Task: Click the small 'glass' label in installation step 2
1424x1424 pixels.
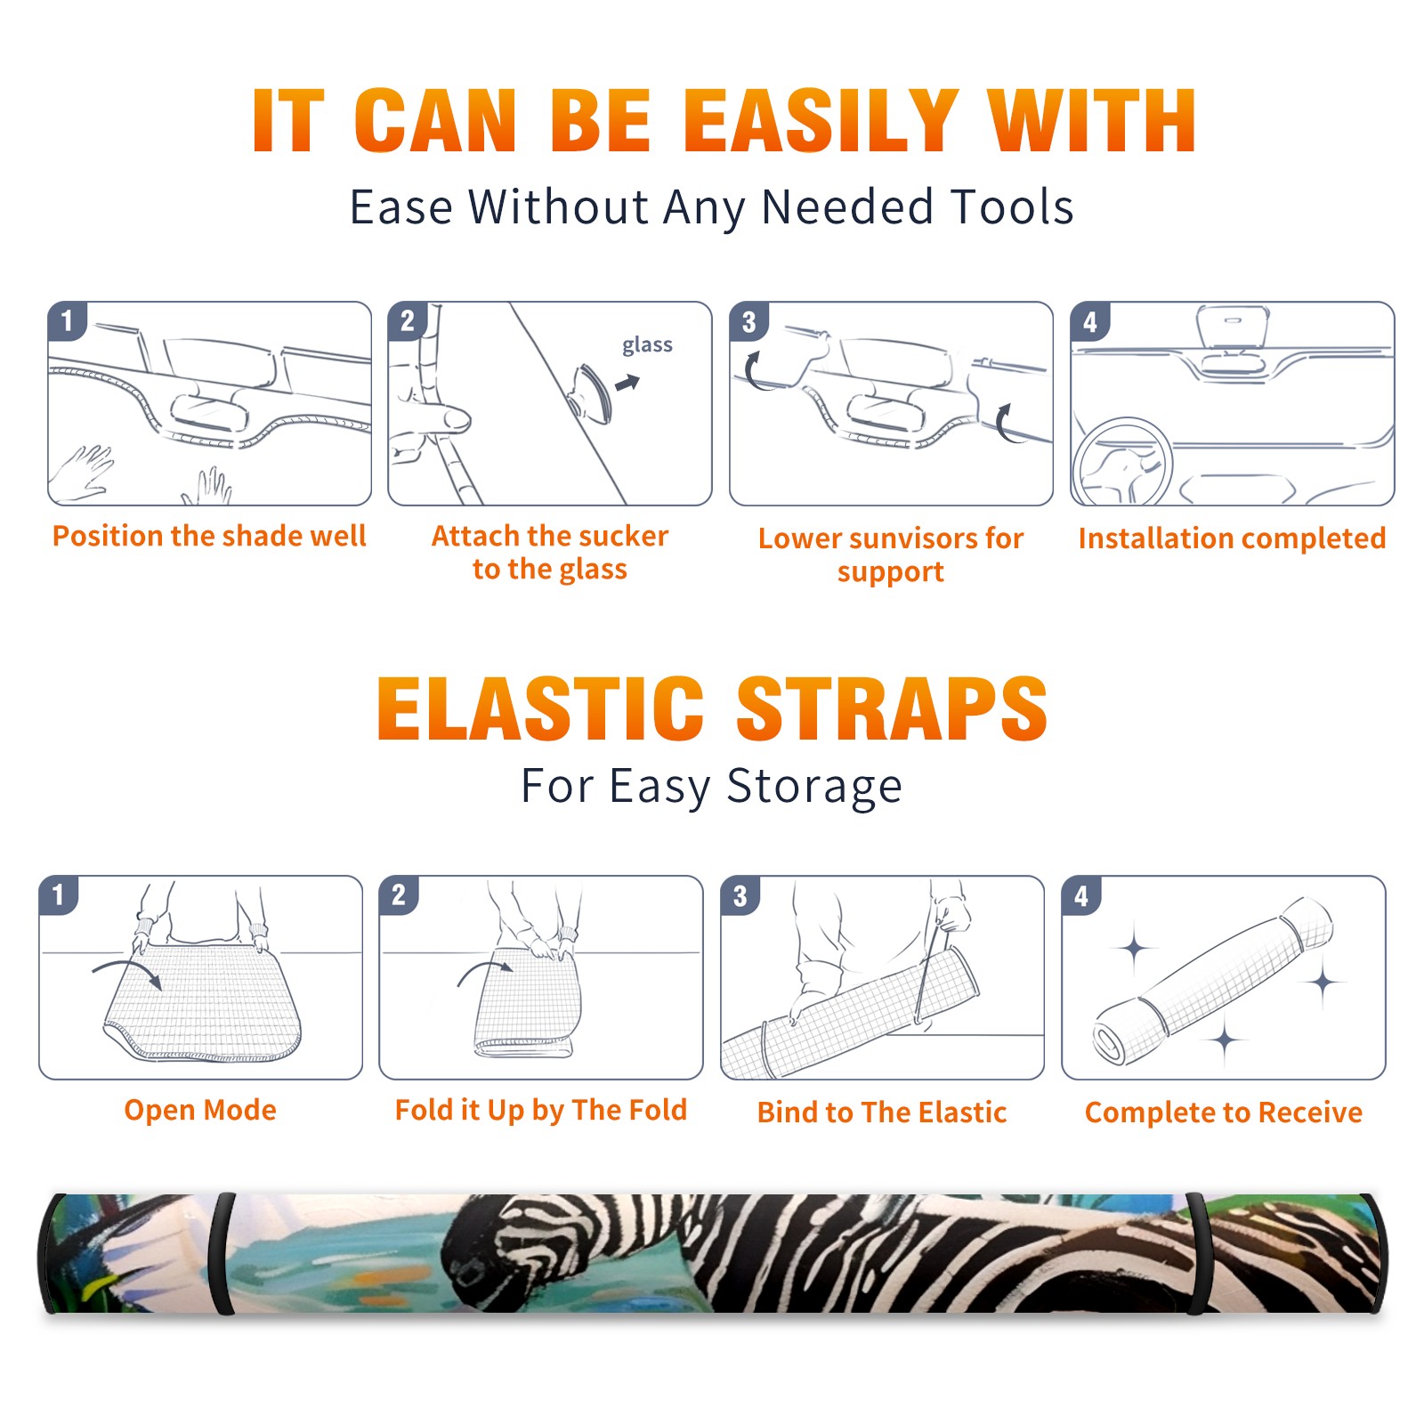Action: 647,345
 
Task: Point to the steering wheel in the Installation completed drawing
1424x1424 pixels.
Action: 1121,461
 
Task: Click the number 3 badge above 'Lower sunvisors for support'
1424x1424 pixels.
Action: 748,321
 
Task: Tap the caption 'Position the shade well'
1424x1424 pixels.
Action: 209,536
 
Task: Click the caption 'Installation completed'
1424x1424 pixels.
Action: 1232,538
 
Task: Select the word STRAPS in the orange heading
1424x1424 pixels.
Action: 892,708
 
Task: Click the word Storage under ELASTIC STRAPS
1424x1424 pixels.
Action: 814,788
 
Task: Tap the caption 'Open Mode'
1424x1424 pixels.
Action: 200,1110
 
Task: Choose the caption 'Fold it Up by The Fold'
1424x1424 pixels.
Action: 541,1111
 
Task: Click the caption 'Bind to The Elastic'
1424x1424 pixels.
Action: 882,1112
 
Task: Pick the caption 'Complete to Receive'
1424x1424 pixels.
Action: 1224,1112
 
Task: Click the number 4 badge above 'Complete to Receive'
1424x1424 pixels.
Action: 1081,895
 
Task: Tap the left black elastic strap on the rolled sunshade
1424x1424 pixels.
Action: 222,1253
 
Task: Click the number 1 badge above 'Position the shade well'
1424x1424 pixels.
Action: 67,320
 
